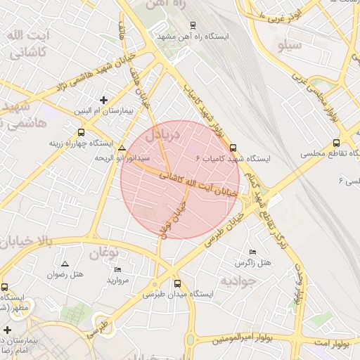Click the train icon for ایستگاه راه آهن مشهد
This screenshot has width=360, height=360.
click(193, 25)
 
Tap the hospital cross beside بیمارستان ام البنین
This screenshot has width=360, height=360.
click(105, 100)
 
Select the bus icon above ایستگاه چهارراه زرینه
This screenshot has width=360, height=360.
click(81, 132)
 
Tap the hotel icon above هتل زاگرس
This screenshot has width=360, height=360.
click(252, 252)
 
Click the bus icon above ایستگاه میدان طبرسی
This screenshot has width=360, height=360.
click(176, 284)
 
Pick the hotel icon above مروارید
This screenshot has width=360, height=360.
click(117, 269)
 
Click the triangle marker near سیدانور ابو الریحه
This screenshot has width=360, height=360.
click(122, 148)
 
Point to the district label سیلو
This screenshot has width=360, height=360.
click(291, 46)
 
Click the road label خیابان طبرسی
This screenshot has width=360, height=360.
click(224, 230)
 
